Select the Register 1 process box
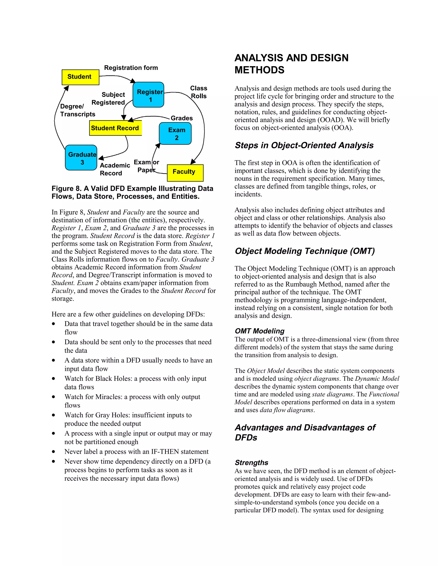click(148, 95)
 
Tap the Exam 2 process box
click(175, 133)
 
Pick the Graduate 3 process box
click(81, 158)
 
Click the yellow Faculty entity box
click(185, 173)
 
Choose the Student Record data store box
click(115, 128)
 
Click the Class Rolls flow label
click(198, 92)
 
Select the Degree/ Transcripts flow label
click(77, 110)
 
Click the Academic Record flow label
click(115, 169)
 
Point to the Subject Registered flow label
click(108, 99)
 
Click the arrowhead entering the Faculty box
click(193, 162)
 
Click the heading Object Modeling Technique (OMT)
click(305, 251)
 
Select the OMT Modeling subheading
click(259, 331)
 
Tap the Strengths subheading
click(252, 463)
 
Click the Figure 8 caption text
click(132, 192)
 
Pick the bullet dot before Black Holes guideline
click(53, 378)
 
